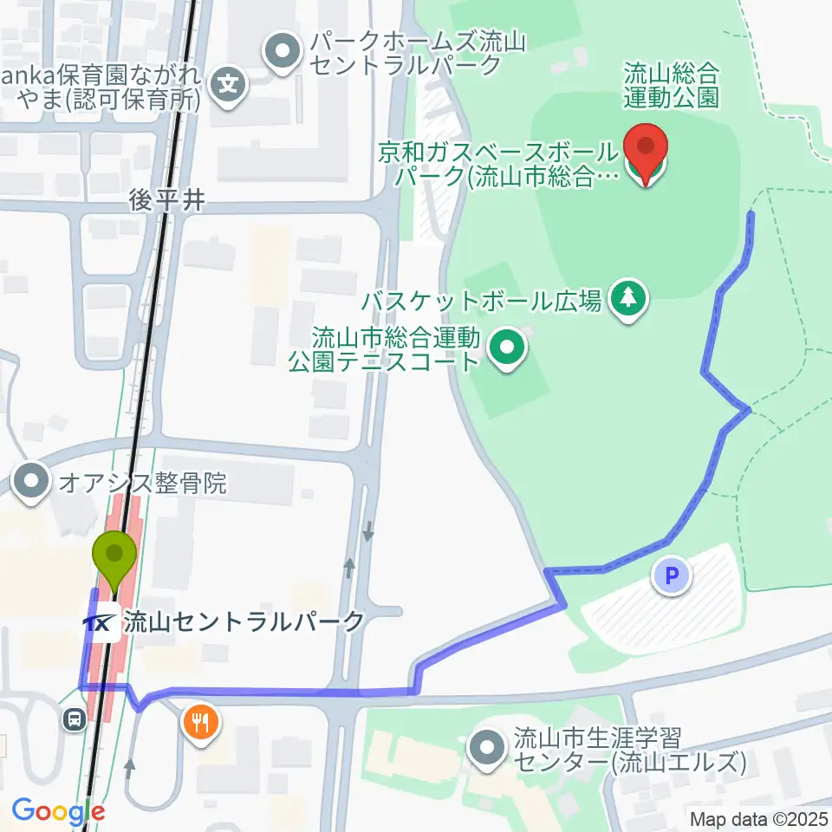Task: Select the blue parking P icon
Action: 673,575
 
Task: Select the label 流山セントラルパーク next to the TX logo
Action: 244,621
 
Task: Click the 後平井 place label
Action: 166,200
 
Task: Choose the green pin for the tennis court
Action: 507,349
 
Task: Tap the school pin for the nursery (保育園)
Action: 229,84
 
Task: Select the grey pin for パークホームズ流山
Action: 281,53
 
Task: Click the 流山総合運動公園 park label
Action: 671,85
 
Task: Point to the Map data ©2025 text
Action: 759,818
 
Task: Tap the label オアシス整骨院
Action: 143,483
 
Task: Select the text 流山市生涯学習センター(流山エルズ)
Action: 629,751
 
